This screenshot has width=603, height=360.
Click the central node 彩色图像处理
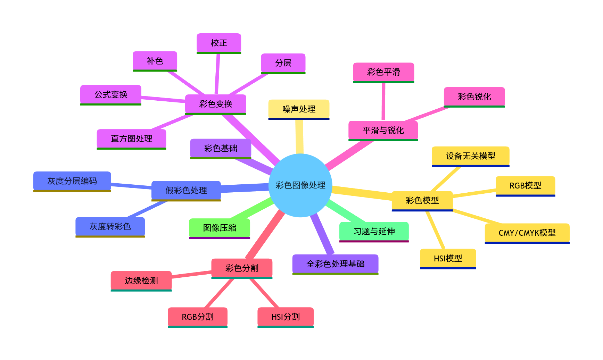pos(300,185)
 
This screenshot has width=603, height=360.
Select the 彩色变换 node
pos(215,104)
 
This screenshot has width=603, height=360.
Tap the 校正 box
pos(219,43)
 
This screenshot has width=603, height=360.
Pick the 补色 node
pos(155,61)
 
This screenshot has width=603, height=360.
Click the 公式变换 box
pos(111,94)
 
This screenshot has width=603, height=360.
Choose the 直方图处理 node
pos(131,139)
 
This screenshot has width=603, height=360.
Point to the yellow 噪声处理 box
pos(299,109)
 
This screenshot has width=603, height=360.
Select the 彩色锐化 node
pos(474,97)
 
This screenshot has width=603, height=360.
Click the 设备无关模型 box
pos(470,156)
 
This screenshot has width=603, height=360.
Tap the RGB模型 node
pos(525,186)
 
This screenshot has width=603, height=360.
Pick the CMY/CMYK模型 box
pos(527,233)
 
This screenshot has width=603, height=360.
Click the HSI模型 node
pos(448,258)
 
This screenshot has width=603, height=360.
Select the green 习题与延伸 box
pos(374,231)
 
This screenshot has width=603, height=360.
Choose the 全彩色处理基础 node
pos(335,264)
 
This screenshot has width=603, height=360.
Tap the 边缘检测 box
pos(141,281)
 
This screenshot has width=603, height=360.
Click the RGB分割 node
pos(197,317)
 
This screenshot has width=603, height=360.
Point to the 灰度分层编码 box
pos(72,181)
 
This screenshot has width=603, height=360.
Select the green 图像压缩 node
pos(219,228)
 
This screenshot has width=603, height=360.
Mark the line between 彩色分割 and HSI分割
pos(264,293)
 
